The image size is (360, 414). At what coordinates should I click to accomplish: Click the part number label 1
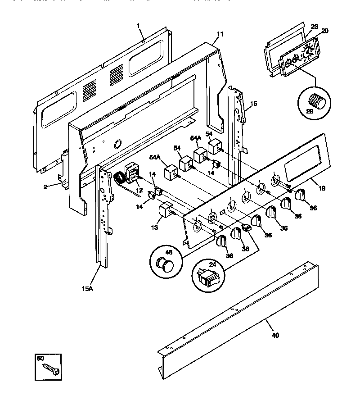pos(139,27)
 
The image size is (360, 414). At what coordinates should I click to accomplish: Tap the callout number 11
pos(219,34)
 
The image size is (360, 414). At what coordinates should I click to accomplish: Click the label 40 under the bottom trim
pos(275,335)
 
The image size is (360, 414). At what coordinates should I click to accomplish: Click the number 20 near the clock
pos(324,31)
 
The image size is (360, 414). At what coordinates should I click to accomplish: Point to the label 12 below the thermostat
pos(139,191)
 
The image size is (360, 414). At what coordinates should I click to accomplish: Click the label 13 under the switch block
pos(154,227)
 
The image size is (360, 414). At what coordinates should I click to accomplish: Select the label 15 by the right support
pos(253,103)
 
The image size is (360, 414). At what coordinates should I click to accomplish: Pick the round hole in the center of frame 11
pos(118,145)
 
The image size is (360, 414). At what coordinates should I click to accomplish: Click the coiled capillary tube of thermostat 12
pos(121,179)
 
